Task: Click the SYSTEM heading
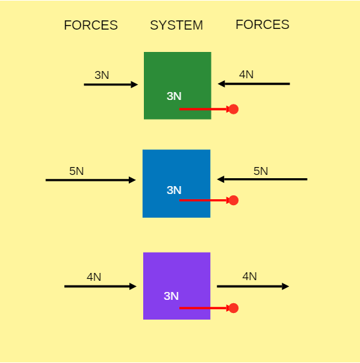coord(177,25)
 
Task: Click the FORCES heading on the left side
coord(91,25)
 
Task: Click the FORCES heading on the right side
coord(262,24)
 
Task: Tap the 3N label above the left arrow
coord(102,75)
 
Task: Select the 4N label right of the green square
coord(246,74)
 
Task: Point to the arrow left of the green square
coord(111,84)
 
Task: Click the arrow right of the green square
coord(254,84)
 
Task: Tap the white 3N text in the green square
coord(174,96)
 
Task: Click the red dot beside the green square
coord(233,109)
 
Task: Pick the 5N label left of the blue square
coord(76,171)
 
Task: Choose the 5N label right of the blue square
coord(261,171)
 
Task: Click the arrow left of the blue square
coord(91,180)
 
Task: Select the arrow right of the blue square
coord(262,179)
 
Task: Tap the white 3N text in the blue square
coord(174,190)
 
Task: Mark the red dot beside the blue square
coord(233,201)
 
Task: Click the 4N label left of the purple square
coord(94,277)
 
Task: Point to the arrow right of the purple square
coord(253,286)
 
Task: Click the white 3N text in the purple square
coord(171,296)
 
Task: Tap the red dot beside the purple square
coord(233,308)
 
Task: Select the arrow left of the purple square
coord(101,286)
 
